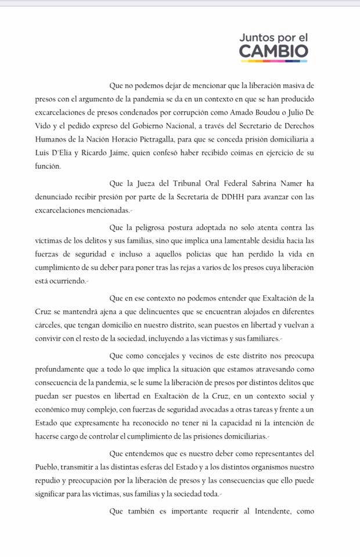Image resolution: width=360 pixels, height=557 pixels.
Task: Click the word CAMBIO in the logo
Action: (273, 51)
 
